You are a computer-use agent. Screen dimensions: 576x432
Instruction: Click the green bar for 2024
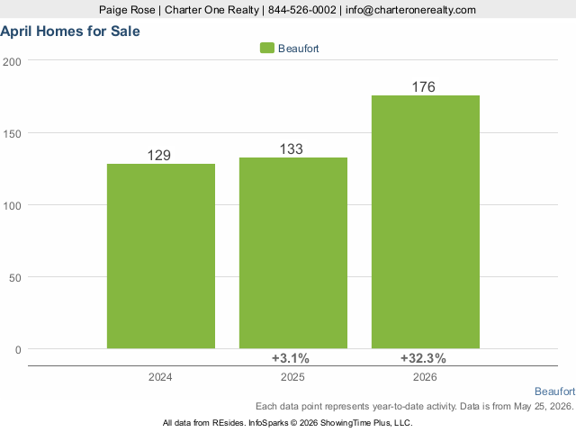click(161, 256)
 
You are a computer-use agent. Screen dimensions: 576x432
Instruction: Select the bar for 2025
click(293, 253)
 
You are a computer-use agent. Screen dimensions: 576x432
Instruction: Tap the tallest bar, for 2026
click(426, 222)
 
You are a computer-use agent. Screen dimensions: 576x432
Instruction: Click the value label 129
click(159, 156)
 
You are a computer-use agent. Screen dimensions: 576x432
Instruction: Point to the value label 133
click(292, 149)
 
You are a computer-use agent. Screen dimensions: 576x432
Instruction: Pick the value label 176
click(424, 87)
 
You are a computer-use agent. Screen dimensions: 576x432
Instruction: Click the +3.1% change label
click(290, 358)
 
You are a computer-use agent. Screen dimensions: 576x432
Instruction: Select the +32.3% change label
click(423, 358)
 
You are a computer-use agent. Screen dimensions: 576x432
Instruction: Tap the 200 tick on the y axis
click(12, 62)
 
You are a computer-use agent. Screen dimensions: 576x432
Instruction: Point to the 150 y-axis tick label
click(12, 134)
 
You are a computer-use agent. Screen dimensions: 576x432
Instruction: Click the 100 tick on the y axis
click(12, 206)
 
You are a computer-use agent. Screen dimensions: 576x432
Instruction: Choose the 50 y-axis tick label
click(15, 278)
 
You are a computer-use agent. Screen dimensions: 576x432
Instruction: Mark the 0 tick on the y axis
click(18, 350)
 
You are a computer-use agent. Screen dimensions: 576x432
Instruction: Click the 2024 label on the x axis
click(160, 377)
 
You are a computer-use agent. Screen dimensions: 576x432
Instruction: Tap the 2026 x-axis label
click(425, 377)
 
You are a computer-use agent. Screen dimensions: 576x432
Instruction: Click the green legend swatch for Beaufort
click(267, 48)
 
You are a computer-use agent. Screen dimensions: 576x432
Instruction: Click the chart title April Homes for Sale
click(70, 31)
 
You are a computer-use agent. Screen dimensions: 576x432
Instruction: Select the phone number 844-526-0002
click(302, 10)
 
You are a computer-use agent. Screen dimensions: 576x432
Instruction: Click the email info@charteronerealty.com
click(410, 10)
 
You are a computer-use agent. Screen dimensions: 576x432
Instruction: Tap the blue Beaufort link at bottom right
click(554, 391)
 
